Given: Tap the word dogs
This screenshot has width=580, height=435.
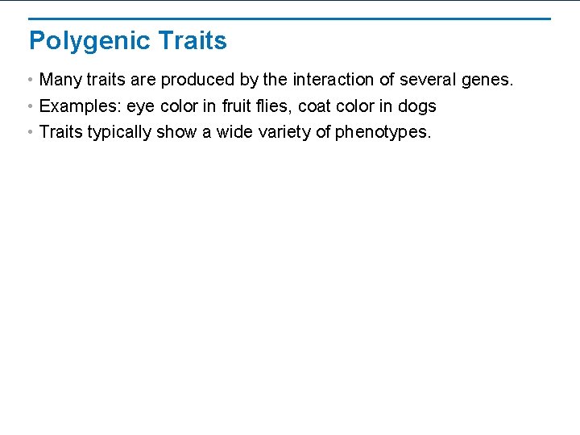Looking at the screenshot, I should pos(417,107).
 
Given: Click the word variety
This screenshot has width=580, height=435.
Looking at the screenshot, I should pos(284,133).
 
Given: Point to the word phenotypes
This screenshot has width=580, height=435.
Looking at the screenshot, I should pos(383,133).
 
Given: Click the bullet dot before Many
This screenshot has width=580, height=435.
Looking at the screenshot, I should pos(29,81).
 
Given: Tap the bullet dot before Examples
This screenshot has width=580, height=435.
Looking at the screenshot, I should pos(29,106).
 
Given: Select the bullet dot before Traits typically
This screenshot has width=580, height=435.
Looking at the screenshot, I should pos(29,132).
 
